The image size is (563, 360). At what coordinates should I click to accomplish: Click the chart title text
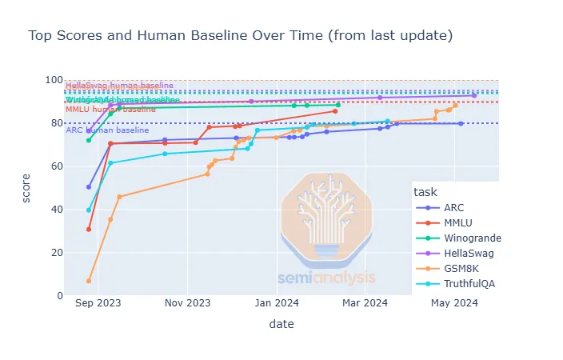241,36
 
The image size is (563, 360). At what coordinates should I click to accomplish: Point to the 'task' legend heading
424,192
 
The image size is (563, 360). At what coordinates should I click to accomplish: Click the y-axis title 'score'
26,188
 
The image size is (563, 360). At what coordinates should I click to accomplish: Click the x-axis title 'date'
281,324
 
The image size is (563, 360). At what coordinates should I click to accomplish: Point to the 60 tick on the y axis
54,166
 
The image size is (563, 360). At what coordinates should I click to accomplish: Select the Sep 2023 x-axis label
98,303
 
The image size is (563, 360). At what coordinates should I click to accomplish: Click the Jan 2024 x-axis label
278,303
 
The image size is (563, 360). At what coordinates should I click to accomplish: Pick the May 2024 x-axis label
454,303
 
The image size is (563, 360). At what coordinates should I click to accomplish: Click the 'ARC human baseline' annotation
107,130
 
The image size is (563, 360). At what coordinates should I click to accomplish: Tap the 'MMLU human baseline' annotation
110,109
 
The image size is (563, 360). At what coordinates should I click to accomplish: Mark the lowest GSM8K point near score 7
89,281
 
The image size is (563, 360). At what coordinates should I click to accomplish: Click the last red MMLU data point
335,111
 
